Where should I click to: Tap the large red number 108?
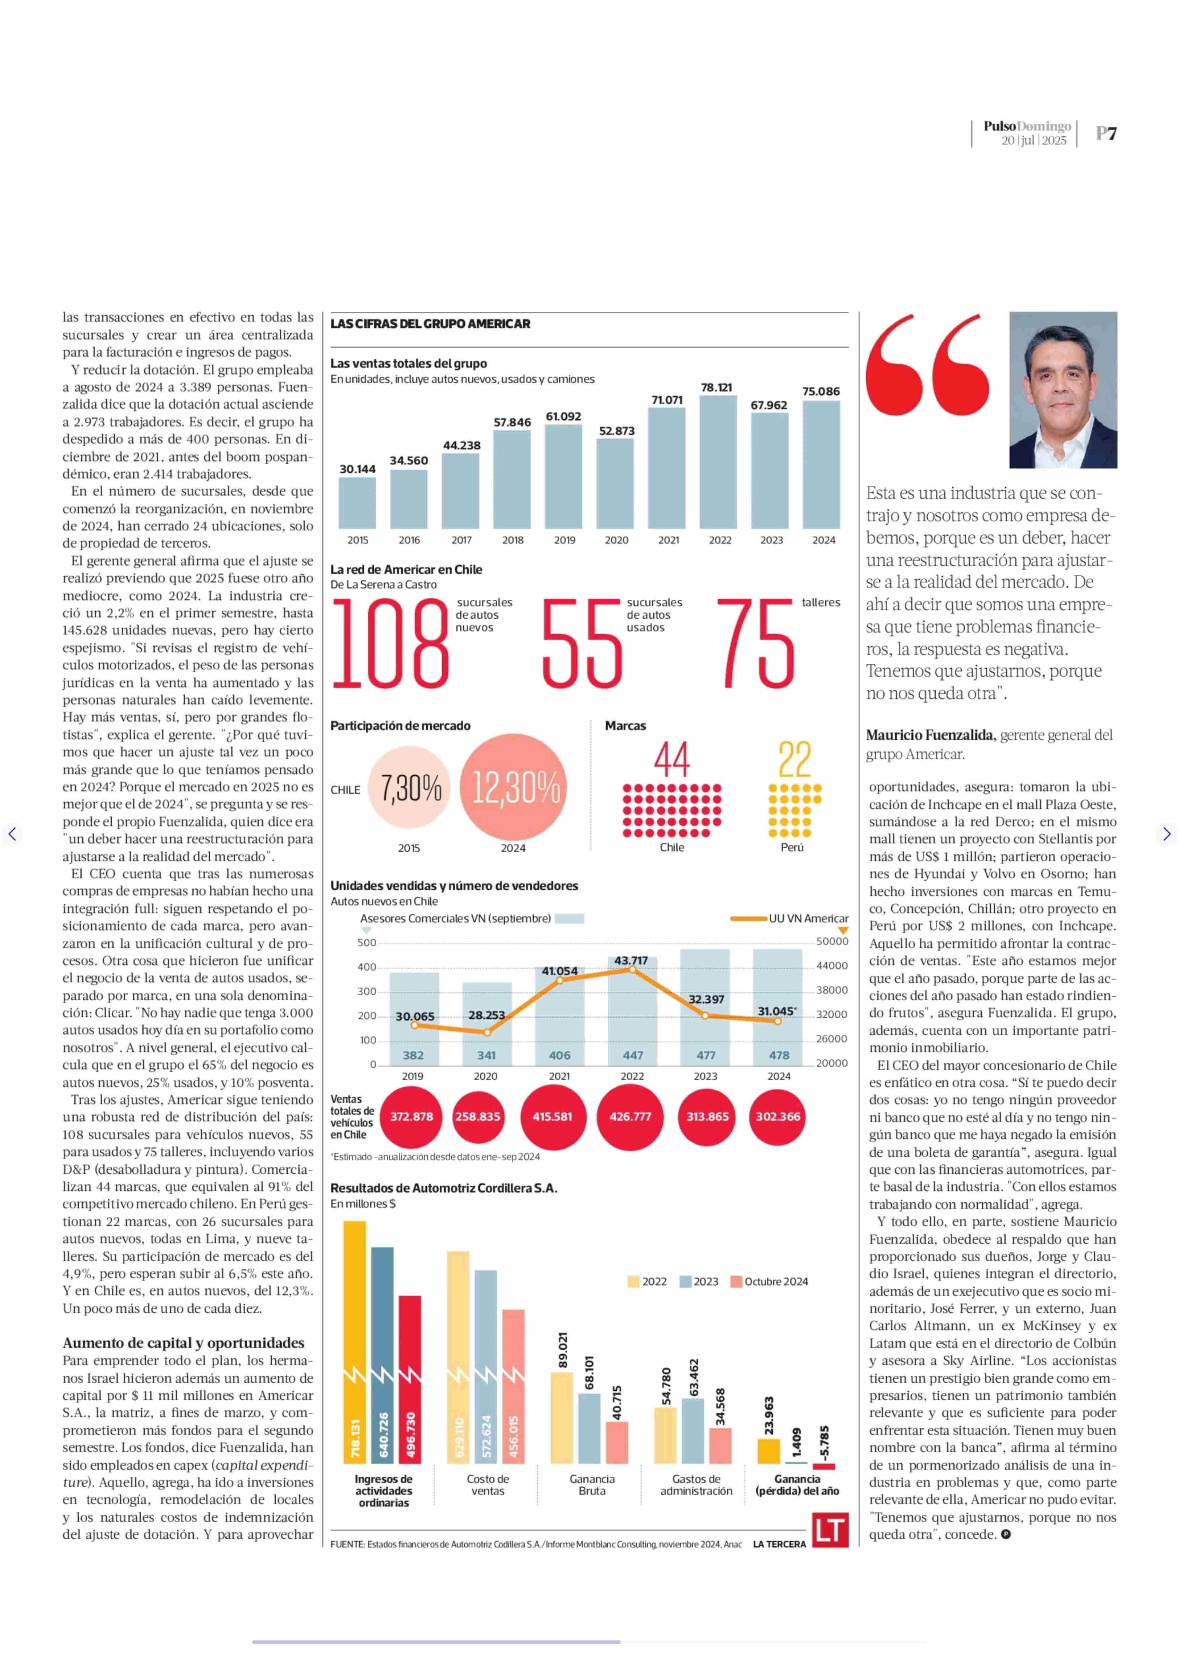(x=391, y=644)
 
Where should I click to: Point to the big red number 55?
(x=582, y=644)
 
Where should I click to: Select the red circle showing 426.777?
(x=630, y=1116)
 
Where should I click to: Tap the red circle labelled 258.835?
(x=478, y=1116)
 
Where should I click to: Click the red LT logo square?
(x=830, y=1529)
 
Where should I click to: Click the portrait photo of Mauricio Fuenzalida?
(x=1063, y=390)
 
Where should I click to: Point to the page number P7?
(x=1106, y=133)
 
